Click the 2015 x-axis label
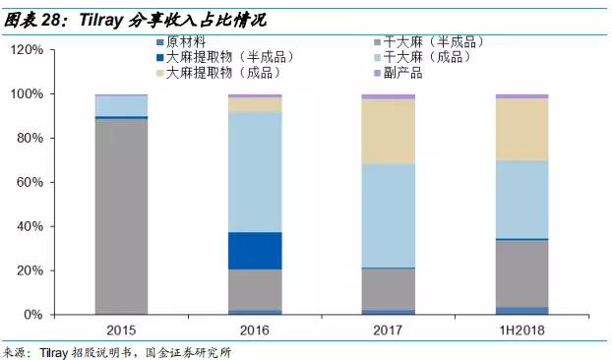click(x=121, y=331)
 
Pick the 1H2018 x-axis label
click(x=521, y=331)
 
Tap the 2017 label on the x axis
click(x=387, y=331)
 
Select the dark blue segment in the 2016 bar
click(x=254, y=251)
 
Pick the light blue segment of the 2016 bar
click(x=254, y=172)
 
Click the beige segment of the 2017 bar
click(x=387, y=132)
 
